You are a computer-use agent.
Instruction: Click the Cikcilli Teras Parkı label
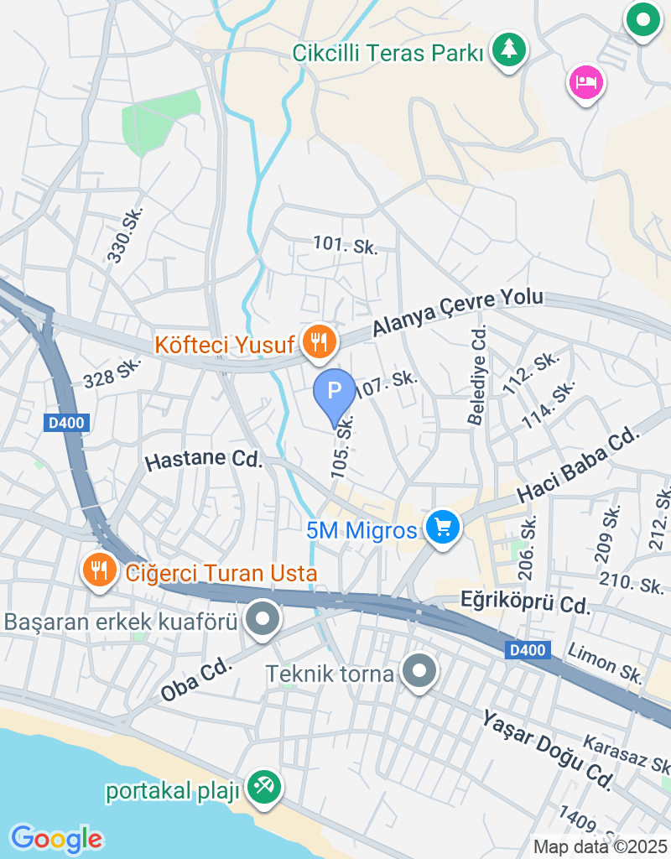point(388,53)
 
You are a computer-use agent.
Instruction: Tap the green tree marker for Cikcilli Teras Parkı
point(508,49)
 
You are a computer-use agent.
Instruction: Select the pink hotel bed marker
point(587,82)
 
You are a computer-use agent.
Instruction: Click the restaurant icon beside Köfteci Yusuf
point(318,342)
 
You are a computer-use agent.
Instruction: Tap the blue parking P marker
point(335,392)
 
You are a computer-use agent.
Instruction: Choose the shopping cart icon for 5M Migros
point(443,528)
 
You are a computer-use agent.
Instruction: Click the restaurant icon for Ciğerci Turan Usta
point(100,570)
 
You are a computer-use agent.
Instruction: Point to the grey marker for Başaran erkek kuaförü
point(263,621)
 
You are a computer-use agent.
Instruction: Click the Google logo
point(56,838)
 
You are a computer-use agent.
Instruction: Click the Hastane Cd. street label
point(204,460)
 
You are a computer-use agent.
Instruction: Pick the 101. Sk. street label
point(346,245)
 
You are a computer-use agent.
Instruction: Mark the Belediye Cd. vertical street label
point(478,375)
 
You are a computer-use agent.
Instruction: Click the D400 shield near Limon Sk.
point(528,649)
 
